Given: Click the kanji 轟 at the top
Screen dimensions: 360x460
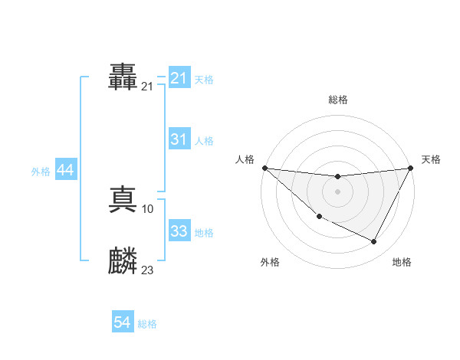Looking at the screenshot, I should (x=123, y=78).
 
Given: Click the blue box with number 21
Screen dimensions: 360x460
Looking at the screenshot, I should (x=179, y=78).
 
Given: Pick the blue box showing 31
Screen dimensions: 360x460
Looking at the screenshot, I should (x=179, y=139).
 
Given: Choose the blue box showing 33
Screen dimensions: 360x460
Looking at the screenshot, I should (x=179, y=231).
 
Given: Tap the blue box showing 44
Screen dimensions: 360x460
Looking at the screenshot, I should (x=65, y=171).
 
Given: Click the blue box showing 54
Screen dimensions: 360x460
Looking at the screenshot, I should (x=123, y=323).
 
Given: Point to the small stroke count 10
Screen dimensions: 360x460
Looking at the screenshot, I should (x=148, y=208).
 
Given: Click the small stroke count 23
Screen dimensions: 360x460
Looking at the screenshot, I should (x=148, y=270).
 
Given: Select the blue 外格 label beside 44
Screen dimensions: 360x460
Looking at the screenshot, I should (x=41, y=172).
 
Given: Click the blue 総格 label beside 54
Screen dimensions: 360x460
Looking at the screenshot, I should (x=147, y=324).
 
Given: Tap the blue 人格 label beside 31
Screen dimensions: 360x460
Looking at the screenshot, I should (x=204, y=140).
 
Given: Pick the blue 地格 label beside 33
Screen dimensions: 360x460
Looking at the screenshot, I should (x=204, y=232).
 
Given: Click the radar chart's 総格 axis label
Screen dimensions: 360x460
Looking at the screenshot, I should (x=337, y=100).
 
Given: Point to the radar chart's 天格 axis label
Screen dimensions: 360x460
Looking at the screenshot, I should (x=431, y=159).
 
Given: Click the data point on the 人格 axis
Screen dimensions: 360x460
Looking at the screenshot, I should (x=264, y=168).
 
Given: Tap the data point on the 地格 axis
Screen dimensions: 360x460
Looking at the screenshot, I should (x=374, y=242).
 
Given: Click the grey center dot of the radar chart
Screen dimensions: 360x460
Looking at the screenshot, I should (x=337, y=191).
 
